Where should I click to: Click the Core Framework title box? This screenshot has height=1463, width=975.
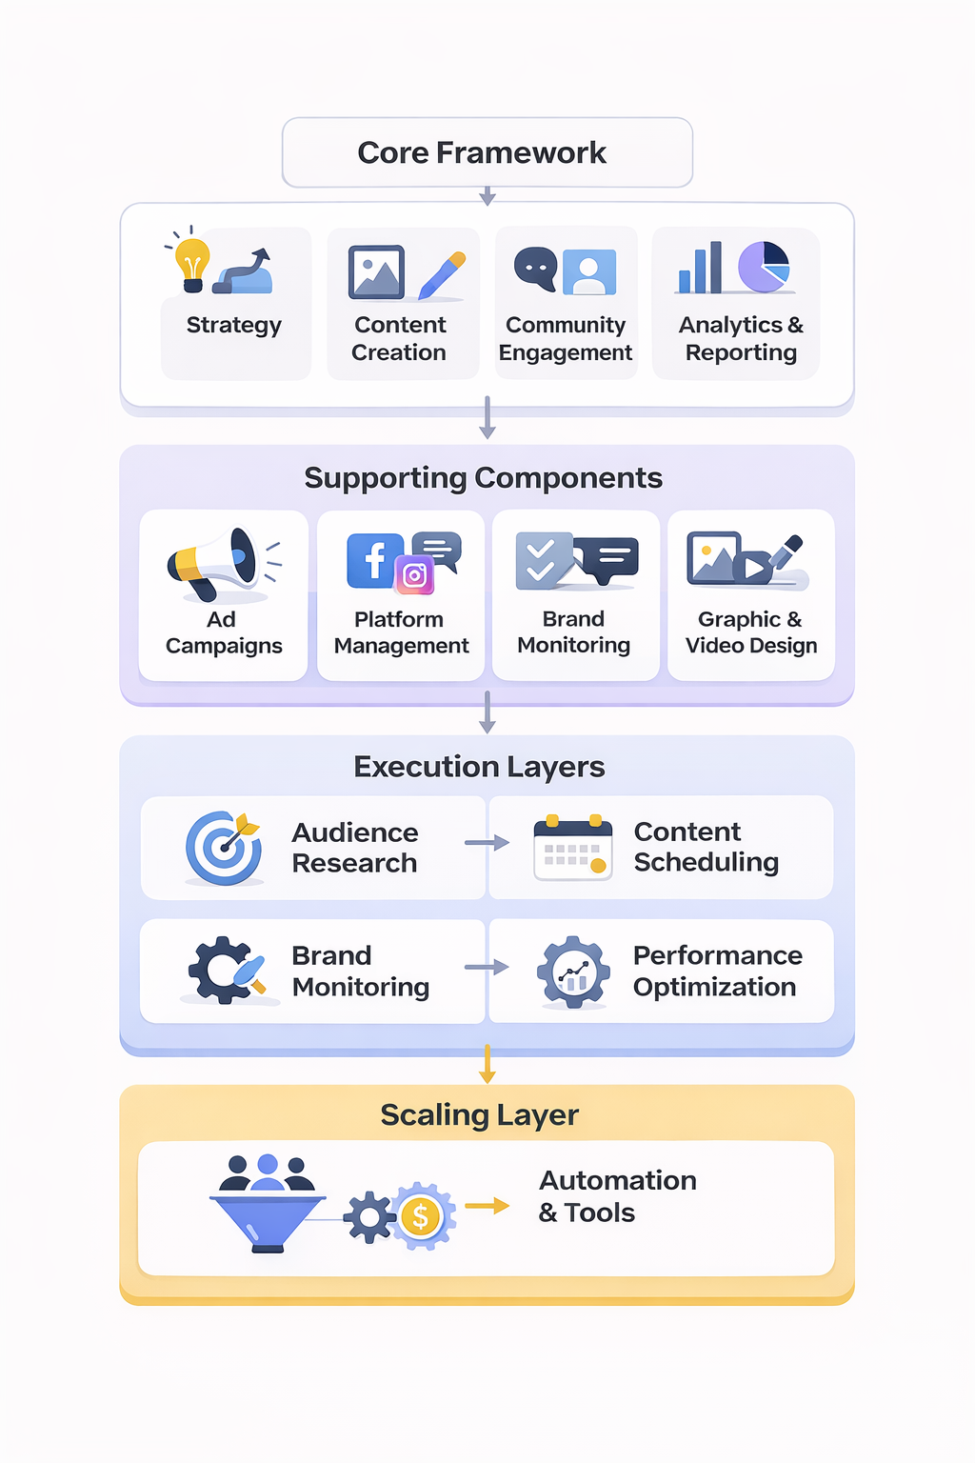(x=487, y=152)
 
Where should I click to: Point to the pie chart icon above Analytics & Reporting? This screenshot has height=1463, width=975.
(x=764, y=267)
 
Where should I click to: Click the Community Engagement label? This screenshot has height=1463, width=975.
(x=566, y=339)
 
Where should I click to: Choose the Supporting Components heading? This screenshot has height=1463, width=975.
(x=483, y=478)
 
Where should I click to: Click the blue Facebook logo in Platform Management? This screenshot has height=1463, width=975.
(x=372, y=560)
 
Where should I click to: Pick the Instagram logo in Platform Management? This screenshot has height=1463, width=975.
(x=414, y=574)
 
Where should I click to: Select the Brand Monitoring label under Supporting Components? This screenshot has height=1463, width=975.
(x=573, y=632)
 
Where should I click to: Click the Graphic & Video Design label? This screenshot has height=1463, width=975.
(x=750, y=632)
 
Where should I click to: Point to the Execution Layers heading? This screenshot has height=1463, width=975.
(x=479, y=767)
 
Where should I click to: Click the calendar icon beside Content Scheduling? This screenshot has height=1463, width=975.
(x=572, y=847)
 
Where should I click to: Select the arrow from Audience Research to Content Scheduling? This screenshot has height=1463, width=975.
(x=487, y=843)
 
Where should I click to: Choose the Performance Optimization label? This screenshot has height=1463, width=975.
(x=717, y=972)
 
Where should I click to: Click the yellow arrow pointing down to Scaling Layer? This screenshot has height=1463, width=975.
(x=487, y=1064)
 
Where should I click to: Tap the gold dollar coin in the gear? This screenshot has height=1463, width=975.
(x=420, y=1216)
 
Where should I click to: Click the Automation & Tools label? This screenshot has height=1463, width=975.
(x=617, y=1196)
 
